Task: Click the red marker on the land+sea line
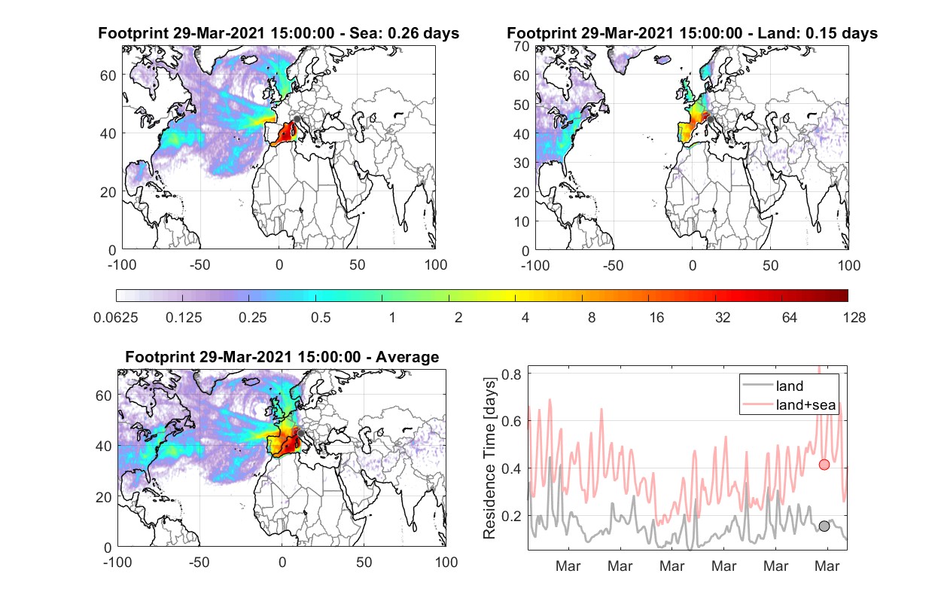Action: point(824,465)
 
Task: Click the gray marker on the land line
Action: point(824,526)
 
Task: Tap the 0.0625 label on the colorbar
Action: point(116,318)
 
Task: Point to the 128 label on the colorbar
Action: point(854,318)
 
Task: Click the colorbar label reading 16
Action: point(656,318)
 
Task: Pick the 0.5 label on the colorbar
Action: point(321,318)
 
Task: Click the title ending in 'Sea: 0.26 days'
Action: point(279,33)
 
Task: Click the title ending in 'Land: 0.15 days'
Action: point(692,33)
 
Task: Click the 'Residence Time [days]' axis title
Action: point(489,458)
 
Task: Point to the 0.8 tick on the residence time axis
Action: point(511,374)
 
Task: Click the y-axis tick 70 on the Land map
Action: point(522,46)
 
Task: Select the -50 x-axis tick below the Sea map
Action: point(199,265)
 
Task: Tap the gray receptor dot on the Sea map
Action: point(297,119)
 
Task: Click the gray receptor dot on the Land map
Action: point(710,120)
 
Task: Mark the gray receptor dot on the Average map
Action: point(300,433)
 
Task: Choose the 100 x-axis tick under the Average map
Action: point(446,562)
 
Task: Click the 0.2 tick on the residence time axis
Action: point(511,516)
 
